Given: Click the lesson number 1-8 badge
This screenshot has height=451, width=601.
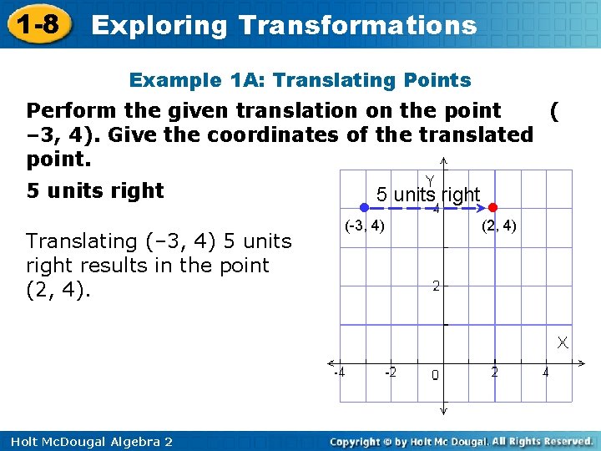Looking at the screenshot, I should click(35, 23).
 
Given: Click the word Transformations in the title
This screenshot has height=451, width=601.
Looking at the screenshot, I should click(357, 25).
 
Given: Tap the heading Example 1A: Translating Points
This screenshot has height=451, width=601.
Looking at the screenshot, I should click(300, 80).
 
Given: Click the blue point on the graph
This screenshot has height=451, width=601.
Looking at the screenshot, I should click(364, 206).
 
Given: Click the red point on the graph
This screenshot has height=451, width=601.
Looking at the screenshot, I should click(493, 206).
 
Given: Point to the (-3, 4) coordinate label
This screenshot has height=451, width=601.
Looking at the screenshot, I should click(365, 225).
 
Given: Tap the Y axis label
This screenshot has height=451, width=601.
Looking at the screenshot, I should click(430, 180).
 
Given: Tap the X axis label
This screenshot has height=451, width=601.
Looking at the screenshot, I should click(564, 342).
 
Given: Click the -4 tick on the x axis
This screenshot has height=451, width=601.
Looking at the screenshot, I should click(339, 372).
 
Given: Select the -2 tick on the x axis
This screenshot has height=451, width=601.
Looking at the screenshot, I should click(390, 372).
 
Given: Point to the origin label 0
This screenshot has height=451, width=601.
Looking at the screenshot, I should click(435, 375).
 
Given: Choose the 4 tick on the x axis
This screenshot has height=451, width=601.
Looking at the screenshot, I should click(546, 372).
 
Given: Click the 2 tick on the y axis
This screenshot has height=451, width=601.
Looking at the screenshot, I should click(436, 286).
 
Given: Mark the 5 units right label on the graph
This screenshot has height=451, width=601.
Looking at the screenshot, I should click(427, 195).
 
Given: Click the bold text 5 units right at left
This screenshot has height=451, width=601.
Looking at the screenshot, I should click(95, 190).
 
